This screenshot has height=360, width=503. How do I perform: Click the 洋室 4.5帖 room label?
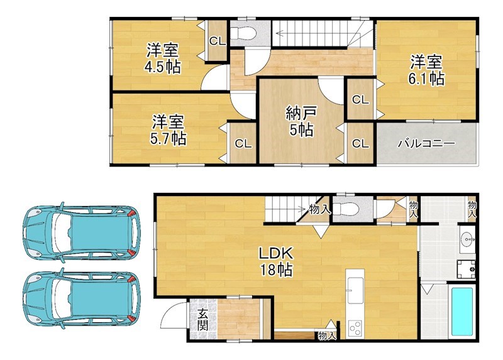coord(163,58)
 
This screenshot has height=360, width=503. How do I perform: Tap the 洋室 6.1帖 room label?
coord(426,70)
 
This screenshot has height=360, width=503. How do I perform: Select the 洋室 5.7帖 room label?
coord(168,130)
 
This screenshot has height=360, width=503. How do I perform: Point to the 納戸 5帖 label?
coord(301,121)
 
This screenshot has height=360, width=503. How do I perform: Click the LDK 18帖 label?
coord(276,261)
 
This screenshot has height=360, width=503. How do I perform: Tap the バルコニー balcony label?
coord(426,143)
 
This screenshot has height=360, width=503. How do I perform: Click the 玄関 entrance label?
coord(202,319)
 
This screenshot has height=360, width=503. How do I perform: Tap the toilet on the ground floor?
coord(346,209)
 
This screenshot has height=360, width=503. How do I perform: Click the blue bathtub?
coord(462,312)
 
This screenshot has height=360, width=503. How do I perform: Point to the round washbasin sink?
coord(467,239)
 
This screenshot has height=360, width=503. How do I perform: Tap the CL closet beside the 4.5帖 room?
coord(218,41)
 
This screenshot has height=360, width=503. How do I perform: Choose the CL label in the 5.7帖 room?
coord(243,144)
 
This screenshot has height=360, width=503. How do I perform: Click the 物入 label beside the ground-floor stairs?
coord(320,209)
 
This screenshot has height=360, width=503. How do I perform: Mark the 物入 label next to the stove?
coord(327,335)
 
